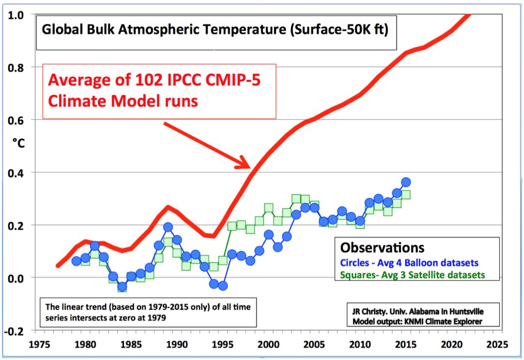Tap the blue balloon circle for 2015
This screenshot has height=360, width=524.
(406, 182)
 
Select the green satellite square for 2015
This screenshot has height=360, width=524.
(406, 194)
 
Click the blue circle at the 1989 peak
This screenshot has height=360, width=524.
(168, 227)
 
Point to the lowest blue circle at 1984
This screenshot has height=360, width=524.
(122, 287)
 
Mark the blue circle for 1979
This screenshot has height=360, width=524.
(76, 261)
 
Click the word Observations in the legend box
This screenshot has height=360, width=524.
(382, 247)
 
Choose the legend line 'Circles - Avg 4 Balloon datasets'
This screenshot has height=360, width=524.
(409, 263)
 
